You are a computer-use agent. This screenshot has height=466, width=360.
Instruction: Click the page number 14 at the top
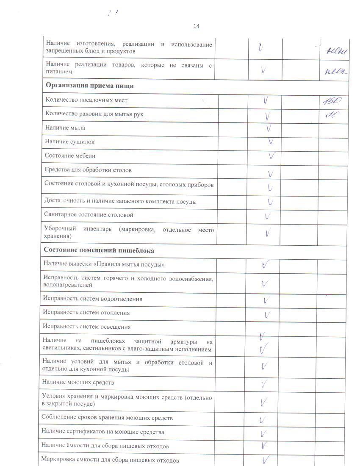[x=196, y=26]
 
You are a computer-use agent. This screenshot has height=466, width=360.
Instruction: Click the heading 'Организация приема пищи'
[x=90, y=86]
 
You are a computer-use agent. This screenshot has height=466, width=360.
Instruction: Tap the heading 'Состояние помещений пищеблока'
[x=99, y=250]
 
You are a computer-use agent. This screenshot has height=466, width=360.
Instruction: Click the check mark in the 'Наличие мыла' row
[x=269, y=128]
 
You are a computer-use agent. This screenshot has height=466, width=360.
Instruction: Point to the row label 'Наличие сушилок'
[x=70, y=142]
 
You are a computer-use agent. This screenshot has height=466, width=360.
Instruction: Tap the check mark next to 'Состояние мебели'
[x=273, y=156]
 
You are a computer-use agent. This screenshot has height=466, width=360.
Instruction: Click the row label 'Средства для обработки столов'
[x=88, y=170]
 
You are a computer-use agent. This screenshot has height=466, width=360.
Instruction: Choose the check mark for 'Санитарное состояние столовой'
[x=268, y=216]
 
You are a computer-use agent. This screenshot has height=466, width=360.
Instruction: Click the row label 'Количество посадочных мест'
[x=86, y=100]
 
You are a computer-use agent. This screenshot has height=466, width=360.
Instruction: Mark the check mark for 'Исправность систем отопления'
[x=267, y=315]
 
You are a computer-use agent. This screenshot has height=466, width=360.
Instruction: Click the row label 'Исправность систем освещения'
[x=86, y=327]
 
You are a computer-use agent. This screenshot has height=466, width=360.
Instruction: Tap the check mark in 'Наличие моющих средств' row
[x=264, y=384]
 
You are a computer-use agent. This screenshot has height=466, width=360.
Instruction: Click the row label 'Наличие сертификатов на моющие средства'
[x=102, y=432]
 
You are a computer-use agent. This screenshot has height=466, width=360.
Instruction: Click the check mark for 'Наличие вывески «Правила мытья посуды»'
[x=266, y=265]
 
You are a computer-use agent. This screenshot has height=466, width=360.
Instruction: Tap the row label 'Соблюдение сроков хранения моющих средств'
[x=107, y=418]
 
